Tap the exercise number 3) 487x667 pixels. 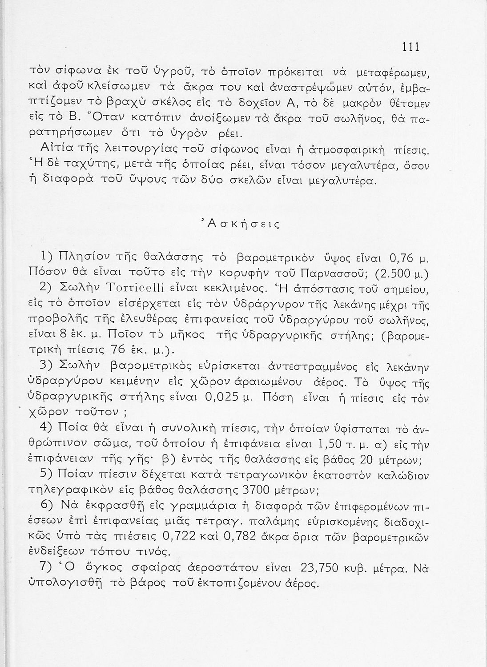pos(47,366)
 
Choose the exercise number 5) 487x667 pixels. pos(47,475)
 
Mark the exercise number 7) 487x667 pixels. pos(47,568)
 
